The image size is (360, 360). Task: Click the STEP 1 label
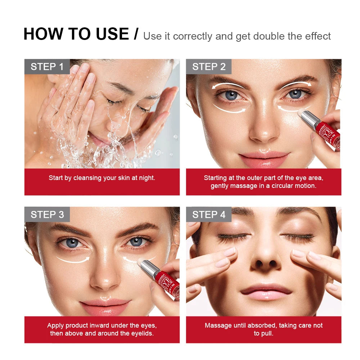(x=47, y=67)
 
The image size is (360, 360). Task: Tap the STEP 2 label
(x=209, y=67)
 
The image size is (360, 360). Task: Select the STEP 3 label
(x=47, y=215)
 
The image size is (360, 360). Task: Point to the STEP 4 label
(x=209, y=215)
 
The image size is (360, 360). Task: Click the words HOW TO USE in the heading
(x=76, y=34)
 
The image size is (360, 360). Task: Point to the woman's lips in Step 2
(x=264, y=158)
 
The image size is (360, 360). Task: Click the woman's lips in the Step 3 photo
(x=105, y=306)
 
